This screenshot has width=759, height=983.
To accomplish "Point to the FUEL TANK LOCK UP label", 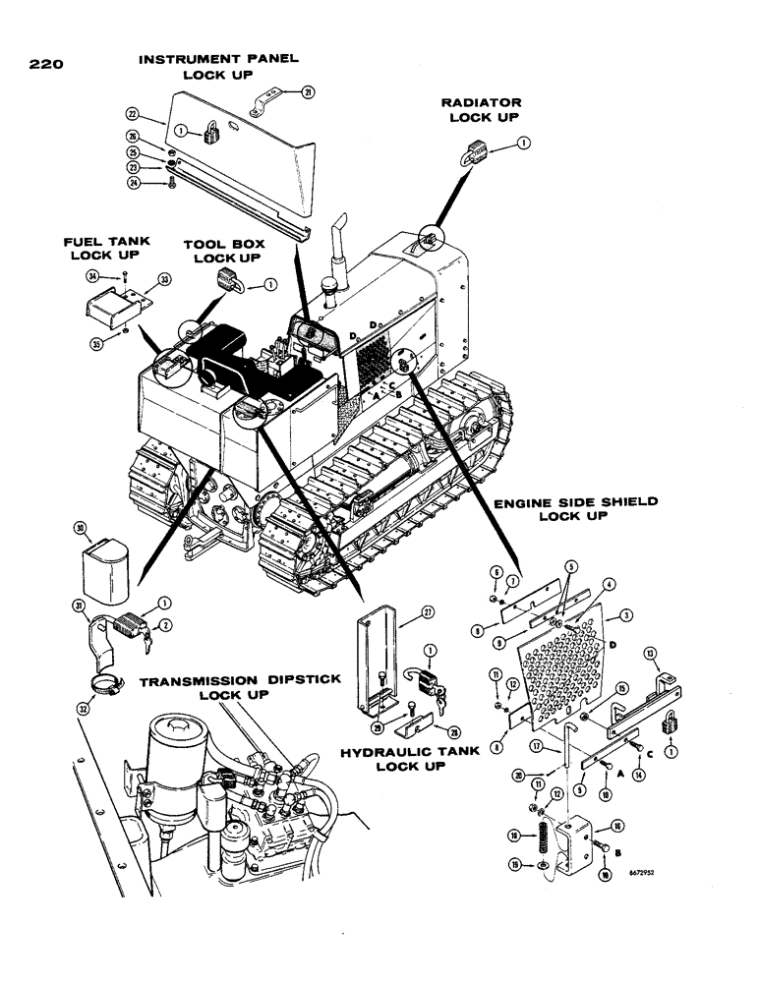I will click(x=100, y=253).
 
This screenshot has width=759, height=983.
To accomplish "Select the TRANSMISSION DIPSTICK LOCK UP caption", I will click(x=224, y=688).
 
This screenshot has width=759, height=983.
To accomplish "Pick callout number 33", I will click(x=163, y=280).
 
